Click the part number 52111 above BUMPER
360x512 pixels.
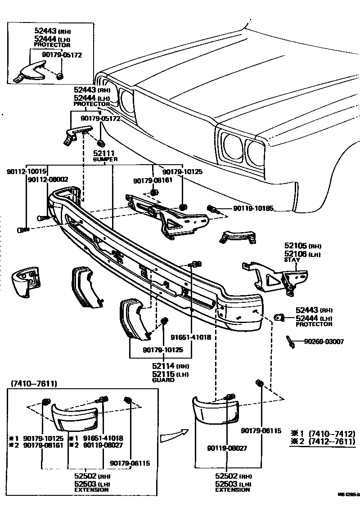tap(104, 154)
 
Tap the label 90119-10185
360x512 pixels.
tap(253, 209)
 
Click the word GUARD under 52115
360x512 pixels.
tap(162, 380)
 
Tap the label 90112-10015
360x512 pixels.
tap(27, 171)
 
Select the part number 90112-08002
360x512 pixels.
tap(48, 179)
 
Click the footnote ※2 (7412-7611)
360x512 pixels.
tap(322, 442)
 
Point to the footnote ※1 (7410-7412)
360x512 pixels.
tap(322, 434)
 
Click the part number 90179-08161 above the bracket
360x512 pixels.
tap(153, 180)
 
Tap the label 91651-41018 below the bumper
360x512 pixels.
tap(190, 337)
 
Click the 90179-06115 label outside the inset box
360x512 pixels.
tap(261, 431)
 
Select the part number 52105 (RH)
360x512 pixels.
tap(301, 247)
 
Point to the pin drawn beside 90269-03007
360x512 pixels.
tap(290, 342)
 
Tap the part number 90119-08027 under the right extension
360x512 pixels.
tap(227, 448)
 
